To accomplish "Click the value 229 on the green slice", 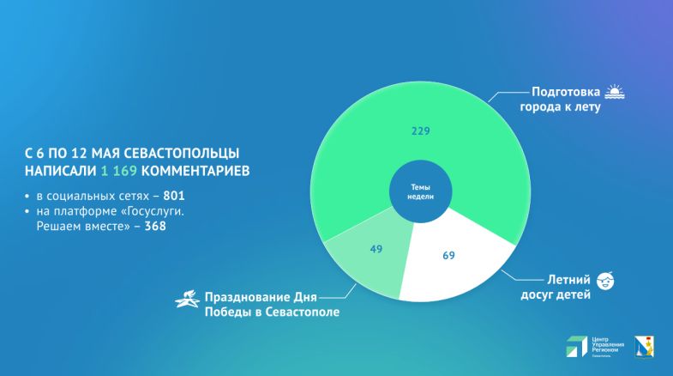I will click(x=420, y=131).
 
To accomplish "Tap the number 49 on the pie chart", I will click(x=375, y=250).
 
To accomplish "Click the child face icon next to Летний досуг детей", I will click(x=605, y=280).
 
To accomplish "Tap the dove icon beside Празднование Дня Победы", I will click(x=187, y=298).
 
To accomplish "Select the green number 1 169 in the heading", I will click(x=122, y=170).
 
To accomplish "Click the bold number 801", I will click(x=174, y=196).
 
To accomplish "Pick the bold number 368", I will click(x=154, y=227).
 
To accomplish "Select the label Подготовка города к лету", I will click(x=566, y=99).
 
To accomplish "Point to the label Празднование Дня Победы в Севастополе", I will click(x=271, y=305).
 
